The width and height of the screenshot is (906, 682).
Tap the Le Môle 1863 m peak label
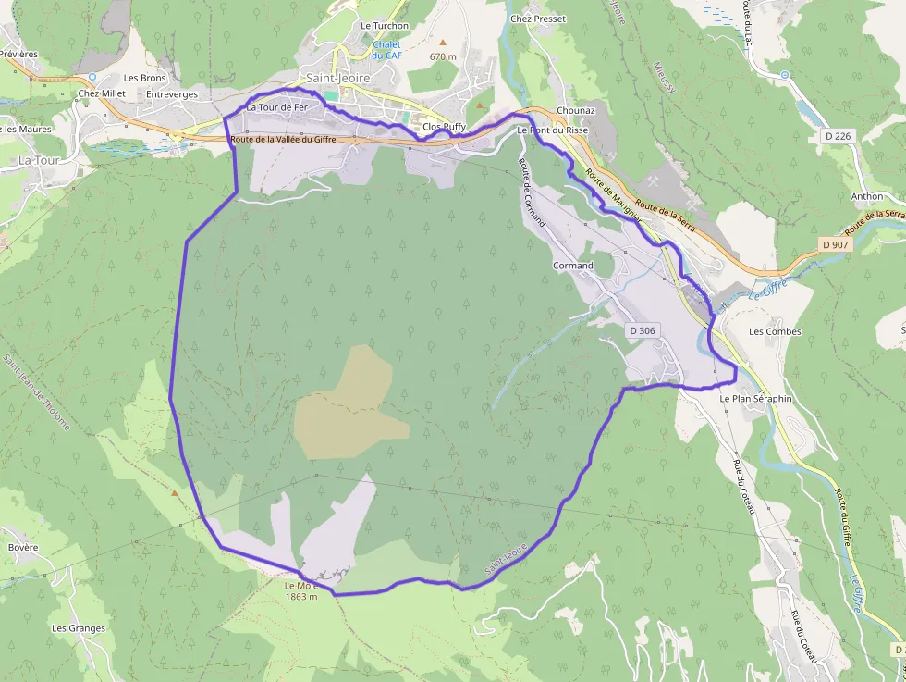click(x=301, y=590)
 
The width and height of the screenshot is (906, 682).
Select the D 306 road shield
click(x=645, y=330)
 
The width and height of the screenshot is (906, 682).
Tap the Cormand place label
click(x=572, y=266)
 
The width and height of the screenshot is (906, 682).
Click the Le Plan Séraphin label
click(x=755, y=398)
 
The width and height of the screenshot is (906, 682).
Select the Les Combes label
click(x=775, y=331)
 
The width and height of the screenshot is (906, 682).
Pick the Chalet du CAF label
click(x=386, y=50)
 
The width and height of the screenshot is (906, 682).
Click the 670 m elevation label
click(x=443, y=56)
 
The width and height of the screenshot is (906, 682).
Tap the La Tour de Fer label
click(x=276, y=107)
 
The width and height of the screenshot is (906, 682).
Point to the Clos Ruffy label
click(x=444, y=127)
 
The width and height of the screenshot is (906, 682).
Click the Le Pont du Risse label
click(x=552, y=130)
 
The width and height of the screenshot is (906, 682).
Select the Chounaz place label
click(x=576, y=110)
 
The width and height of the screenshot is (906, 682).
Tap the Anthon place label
click(x=866, y=196)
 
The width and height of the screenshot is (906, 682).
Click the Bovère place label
click(x=23, y=547)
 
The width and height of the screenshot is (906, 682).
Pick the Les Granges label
click(x=79, y=628)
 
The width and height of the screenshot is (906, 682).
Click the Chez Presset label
click(x=538, y=19)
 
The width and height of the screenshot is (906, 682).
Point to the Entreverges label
click(x=172, y=94)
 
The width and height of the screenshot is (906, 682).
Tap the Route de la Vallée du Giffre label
click(x=283, y=140)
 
